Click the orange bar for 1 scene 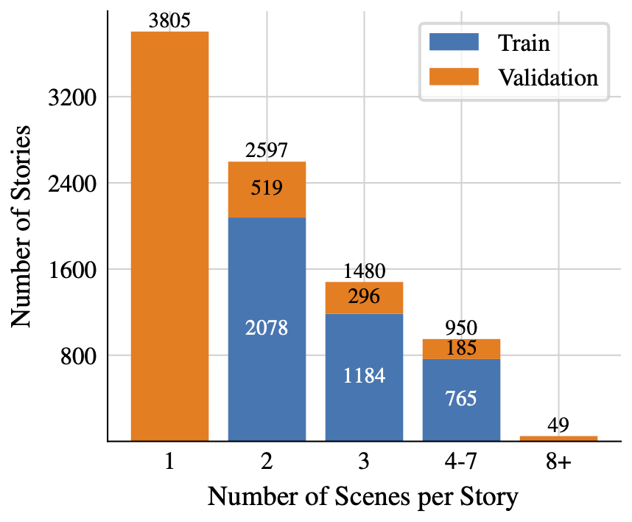[169, 236]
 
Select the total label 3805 [169, 20]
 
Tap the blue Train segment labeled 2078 [267, 329]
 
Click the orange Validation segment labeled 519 [267, 189]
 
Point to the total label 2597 [267, 150]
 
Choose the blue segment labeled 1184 [364, 377]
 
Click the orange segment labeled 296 [364, 297]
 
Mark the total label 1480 [364, 271]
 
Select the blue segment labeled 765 [461, 400]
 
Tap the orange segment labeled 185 [461, 349]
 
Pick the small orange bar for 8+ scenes [558, 438]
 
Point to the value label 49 [558, 425]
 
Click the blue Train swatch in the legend [454, 43]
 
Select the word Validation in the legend [548, 77]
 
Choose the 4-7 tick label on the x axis [461, 462]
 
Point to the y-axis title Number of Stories [22, 226]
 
